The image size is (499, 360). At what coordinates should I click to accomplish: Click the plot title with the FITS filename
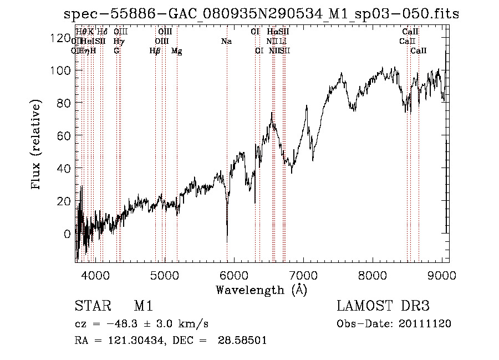pos(262,14)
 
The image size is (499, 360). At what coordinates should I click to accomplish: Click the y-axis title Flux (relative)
pos(37,146)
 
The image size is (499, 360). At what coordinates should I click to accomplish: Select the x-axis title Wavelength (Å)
pos(261,290)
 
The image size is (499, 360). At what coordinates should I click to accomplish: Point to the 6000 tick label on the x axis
pos(234,274)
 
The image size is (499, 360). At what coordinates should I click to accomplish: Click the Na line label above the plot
pos(226,41)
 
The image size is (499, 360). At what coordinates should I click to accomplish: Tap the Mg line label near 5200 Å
pos(176,51)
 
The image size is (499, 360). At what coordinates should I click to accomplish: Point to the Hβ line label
pos(155,51)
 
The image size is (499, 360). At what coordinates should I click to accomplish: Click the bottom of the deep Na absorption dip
pos(227,240)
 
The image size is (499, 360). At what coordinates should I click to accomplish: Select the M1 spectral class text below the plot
pos(143,307)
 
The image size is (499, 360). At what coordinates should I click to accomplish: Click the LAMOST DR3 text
pos(383,307)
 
